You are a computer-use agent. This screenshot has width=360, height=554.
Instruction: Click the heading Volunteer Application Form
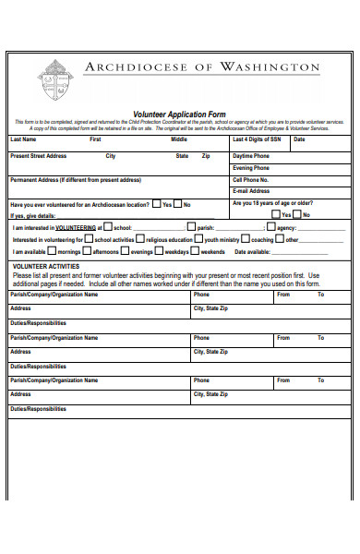(x=179, y=114)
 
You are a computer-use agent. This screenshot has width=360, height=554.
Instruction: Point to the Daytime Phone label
(x=251, y=156)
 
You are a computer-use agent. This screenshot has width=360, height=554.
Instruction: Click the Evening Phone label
(x=251, y=168)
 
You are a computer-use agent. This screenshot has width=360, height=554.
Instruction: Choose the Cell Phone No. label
(x=250, y=179)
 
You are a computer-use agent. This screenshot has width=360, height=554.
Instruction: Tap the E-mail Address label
(x=251, y=191)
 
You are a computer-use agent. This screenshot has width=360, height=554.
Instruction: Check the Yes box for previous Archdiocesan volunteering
(x=156, y=204)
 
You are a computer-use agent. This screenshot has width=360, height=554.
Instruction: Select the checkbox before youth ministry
(x=198, y=238)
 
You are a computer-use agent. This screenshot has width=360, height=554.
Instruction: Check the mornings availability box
(x=52, y=250)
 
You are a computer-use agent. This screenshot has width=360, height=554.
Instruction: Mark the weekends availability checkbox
(x=195, y=250)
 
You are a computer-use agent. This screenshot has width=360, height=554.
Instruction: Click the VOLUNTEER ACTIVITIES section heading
(x=44, y=265)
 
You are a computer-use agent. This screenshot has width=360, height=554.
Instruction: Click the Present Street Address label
(x=38, y=156)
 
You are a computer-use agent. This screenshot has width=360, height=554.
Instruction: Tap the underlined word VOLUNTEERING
(x=74, y=226)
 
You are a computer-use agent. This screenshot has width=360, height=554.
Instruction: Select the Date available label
(x=252, y=251)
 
